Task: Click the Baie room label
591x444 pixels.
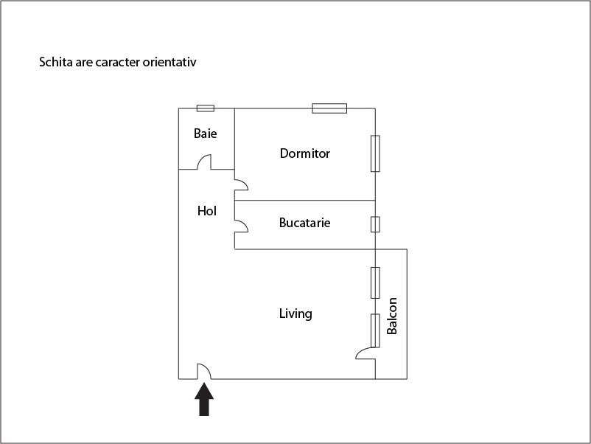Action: [x=206, y=133]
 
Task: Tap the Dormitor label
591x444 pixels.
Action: [x=305, y=153]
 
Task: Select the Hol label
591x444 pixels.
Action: [x=207, y=211]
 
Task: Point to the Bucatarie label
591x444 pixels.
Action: [x=304, y=222]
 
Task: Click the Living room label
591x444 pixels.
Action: [x=295, y=313]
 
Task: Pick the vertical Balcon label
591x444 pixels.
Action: [x=392, y=316]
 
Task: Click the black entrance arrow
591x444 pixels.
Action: [x=204, y=400]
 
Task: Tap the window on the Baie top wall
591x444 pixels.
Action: [x=206, y=108]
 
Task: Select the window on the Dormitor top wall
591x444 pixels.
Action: [x=329, y=108]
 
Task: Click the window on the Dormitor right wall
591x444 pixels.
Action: [x=375, y=153]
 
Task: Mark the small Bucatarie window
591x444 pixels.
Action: [x=375, y=223]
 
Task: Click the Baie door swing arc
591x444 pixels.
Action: [x=204, y=162]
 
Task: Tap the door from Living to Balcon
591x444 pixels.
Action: [x=366, y=353]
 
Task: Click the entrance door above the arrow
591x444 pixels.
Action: [x=204, y=372]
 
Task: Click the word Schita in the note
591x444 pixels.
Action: [x=55, y=63]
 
